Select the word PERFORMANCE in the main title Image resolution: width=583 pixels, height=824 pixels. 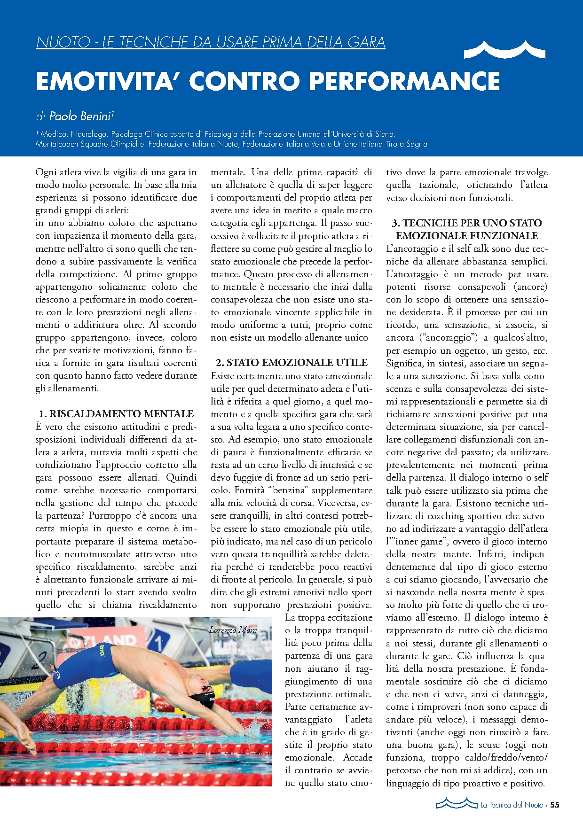pos(404,81)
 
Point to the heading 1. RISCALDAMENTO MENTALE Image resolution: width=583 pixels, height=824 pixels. pos(116,414)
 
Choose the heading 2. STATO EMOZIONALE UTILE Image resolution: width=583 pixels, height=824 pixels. pos(291,363)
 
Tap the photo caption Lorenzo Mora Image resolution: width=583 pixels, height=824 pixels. pos(233,630)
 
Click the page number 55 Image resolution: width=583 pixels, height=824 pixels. pos(555,805)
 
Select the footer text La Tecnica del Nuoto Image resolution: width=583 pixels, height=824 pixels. pos(512,805)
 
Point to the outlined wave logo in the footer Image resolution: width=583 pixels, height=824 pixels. pos(456,803)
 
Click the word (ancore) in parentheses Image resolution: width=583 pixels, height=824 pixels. pos(530,287)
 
